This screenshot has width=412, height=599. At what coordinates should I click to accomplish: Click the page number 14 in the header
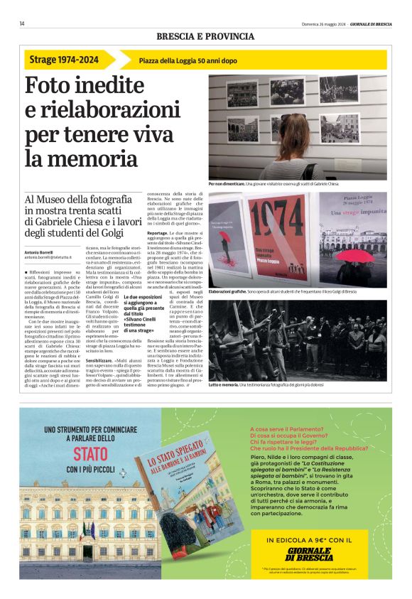(22, 23)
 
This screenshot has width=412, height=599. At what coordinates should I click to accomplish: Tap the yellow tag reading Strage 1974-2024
(65, 60)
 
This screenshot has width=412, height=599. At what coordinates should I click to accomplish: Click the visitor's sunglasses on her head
(293, 117)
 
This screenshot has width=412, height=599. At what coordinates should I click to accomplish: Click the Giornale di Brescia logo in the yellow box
(309, 554)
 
